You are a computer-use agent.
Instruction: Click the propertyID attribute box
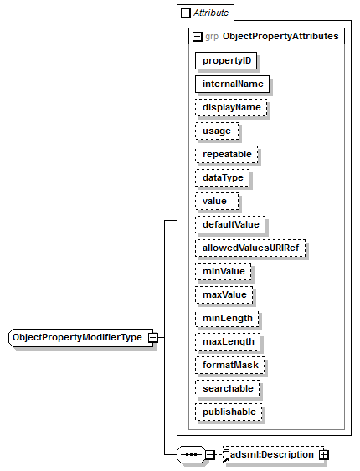point(226,61)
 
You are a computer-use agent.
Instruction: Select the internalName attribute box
point(232,84)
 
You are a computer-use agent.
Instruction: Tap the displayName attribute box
point(231,108)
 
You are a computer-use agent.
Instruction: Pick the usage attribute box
point(217,131)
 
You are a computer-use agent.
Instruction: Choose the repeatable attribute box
point(227,155)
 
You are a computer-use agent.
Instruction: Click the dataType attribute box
point(223,178)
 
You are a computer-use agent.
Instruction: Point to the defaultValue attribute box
point(230,225)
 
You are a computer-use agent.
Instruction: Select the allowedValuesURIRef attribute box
point(250,248)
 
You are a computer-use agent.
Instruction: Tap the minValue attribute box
point(224,272)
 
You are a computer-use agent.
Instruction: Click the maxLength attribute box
point(228,342)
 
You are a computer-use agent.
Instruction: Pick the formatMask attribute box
point(230,366)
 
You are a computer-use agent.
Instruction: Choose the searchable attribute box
point(228,389)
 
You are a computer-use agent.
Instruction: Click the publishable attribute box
point(229,412)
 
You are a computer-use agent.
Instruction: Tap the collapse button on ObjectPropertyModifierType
point(153,338)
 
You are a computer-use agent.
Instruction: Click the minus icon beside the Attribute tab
point(186,13)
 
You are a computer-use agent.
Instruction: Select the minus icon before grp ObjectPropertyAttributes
point(197,36)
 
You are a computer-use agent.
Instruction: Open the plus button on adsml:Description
point(324,455)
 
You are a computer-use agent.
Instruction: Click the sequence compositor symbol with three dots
point(191,455)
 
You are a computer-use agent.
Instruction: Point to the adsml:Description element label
point(272,455)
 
